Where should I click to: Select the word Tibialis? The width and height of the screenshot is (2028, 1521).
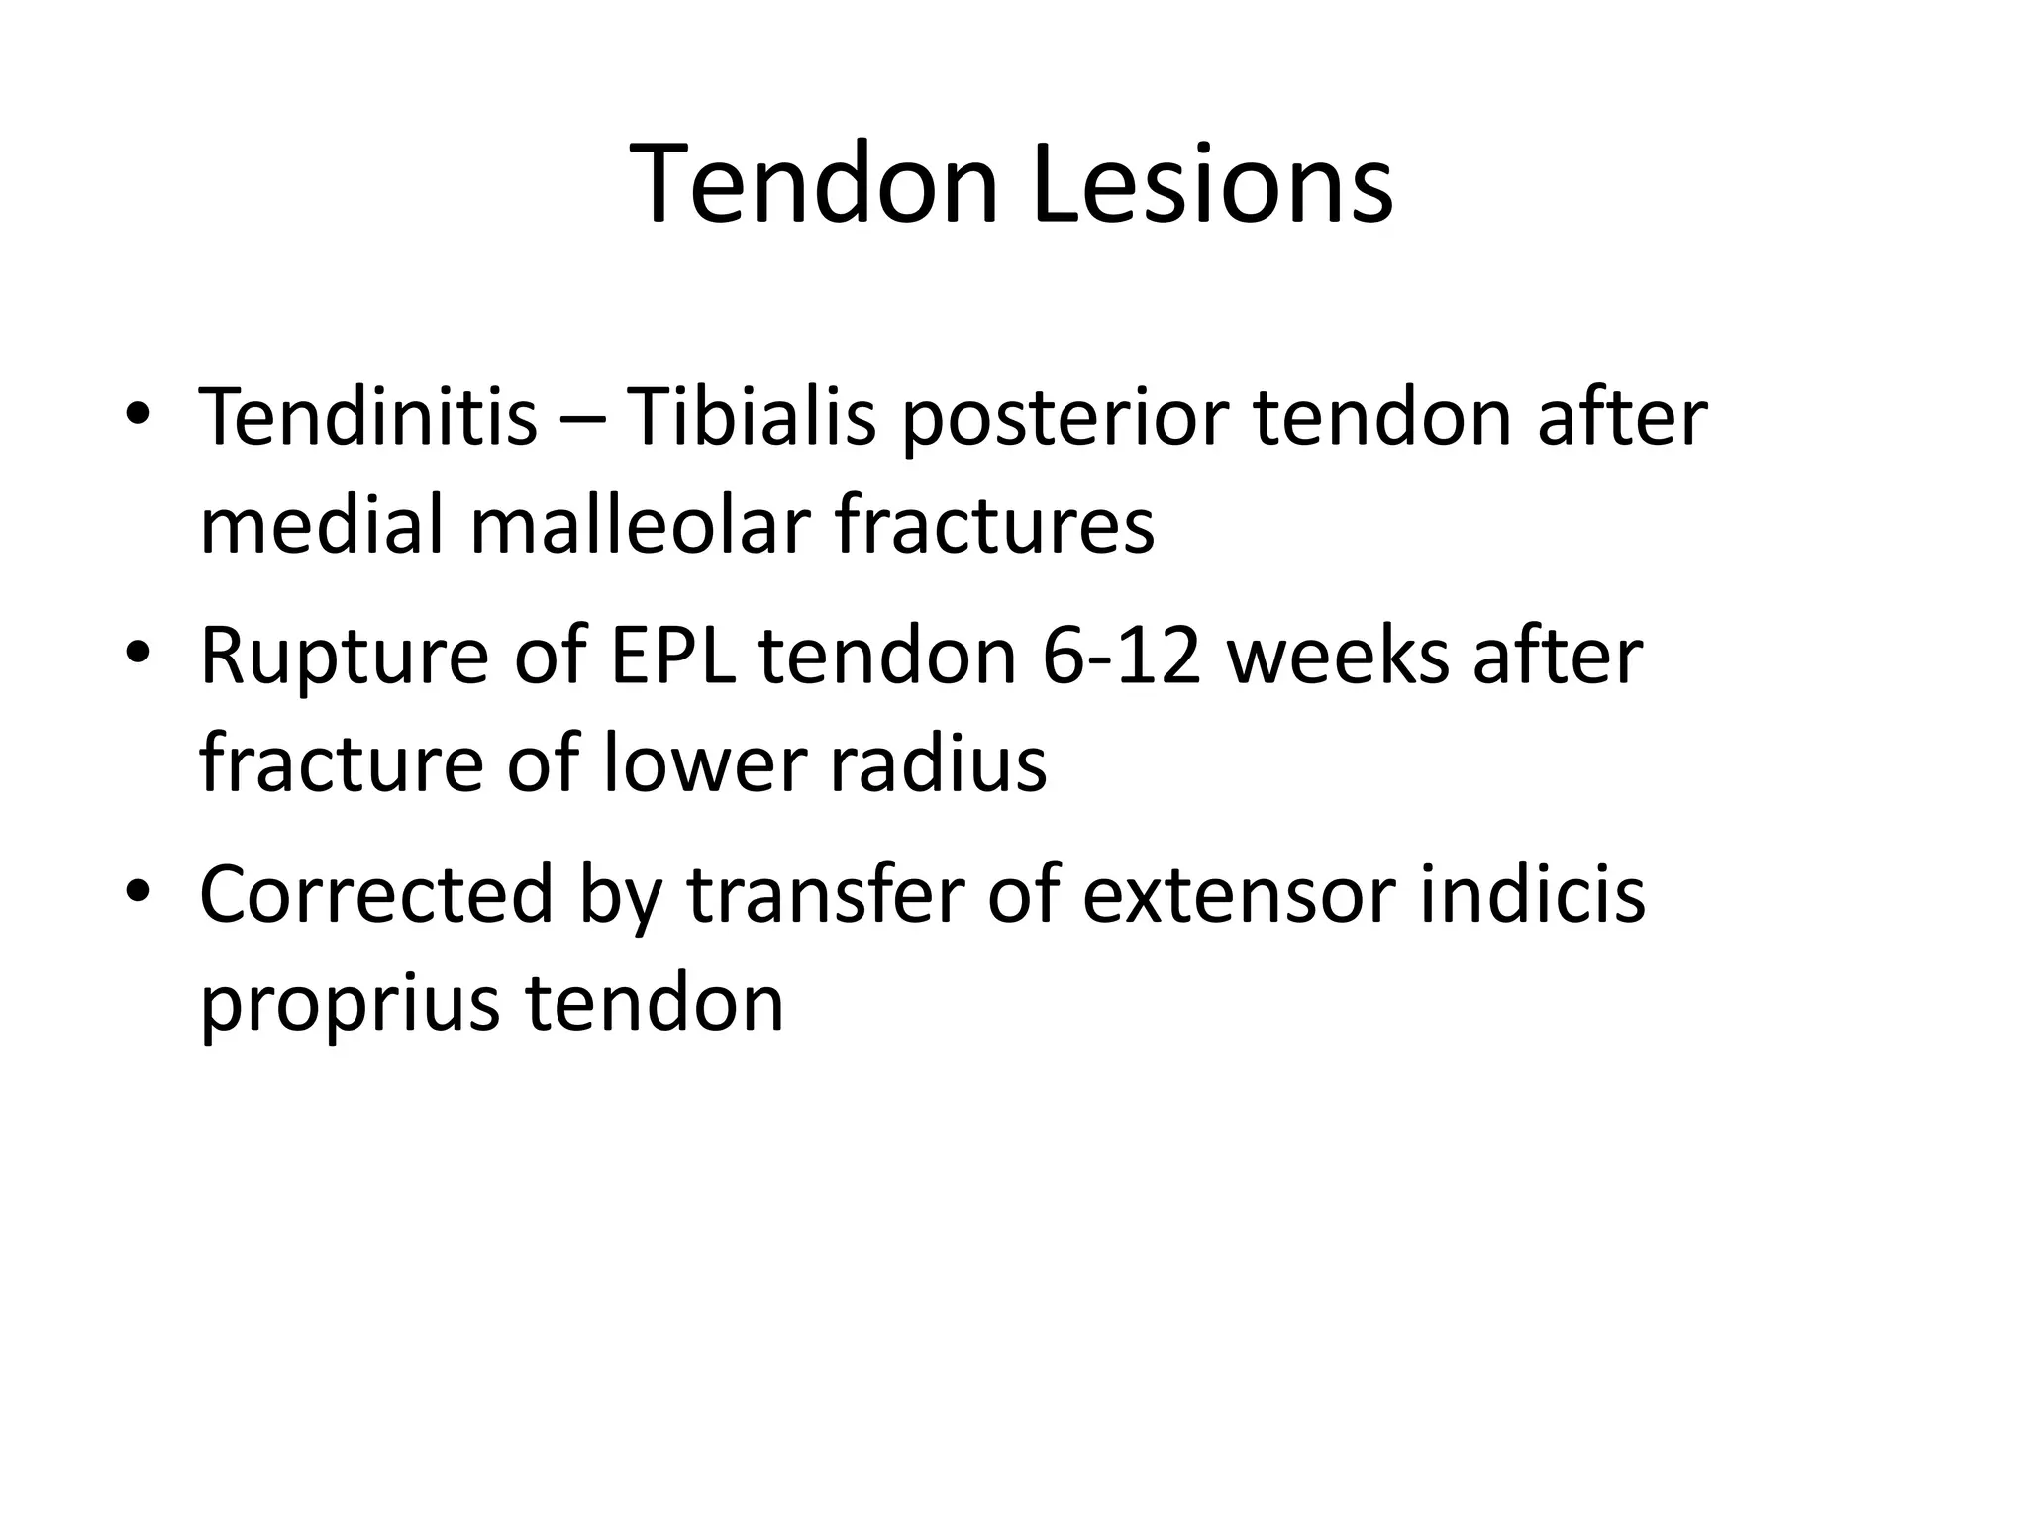[752, 416]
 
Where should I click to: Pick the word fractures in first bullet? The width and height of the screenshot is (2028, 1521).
[994, 525]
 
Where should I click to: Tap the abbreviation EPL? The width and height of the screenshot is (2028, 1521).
[673, 657]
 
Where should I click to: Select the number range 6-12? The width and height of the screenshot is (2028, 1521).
[1122, 657]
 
